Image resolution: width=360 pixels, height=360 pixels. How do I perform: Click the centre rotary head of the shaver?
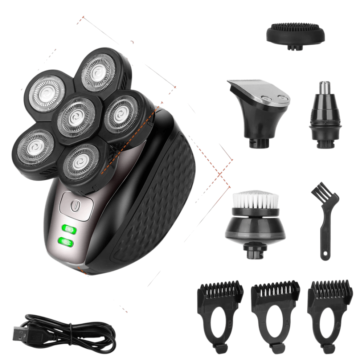tap(75, 115)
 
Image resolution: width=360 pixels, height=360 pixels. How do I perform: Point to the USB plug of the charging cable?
tap(18, 334)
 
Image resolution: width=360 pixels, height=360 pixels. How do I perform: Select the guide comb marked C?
tap(330, 312)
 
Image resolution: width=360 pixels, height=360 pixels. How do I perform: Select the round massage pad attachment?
tap(295, 34)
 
